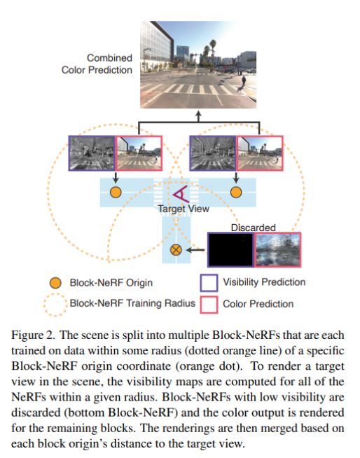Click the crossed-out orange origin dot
coord(176,250)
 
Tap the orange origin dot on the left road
coord(116,192)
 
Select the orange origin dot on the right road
coord(236,192)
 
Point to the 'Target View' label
coord(184,209)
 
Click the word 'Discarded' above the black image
coord(254,228)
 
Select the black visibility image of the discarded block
coord(231,250)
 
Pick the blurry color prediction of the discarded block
coord(278,250)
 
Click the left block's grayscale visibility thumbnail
coord(92,153)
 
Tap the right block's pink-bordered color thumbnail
coord(260,153)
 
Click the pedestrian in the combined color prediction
coord(244,81)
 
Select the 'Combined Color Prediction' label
coord(97,64)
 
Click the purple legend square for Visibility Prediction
coord(209,283)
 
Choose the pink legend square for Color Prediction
coord(209,305)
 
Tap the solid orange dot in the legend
coord(55,283)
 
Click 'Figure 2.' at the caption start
coord(33,335)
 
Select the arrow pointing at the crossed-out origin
coord(195,250)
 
